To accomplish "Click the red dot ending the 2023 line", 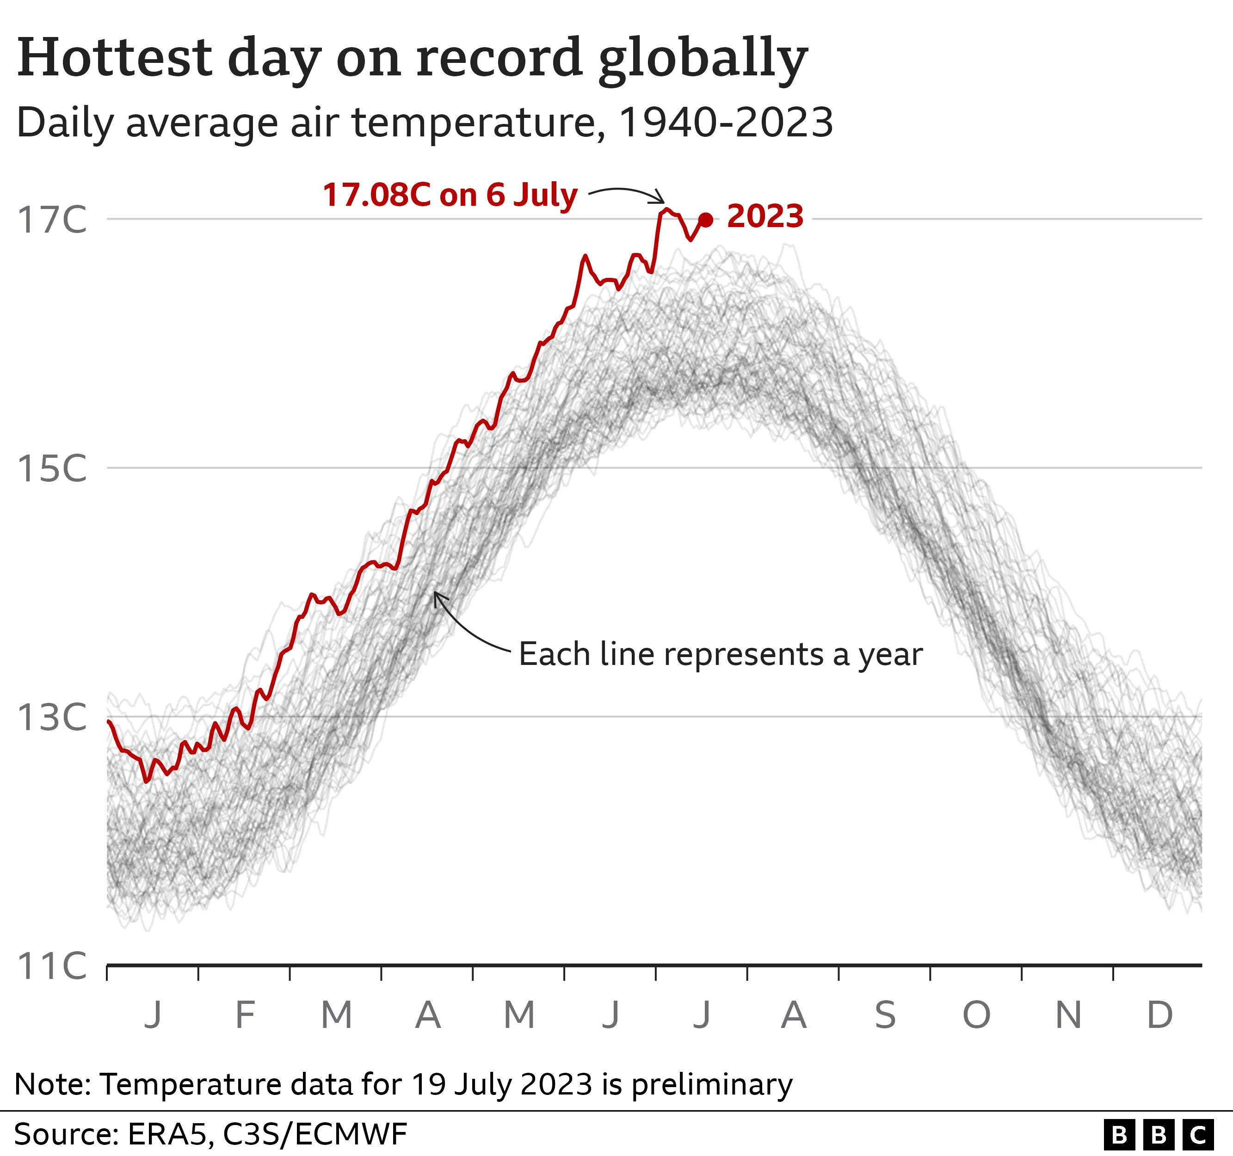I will click(705, 220).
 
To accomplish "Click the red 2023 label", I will click(765, 216).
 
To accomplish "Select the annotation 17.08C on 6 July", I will click(450, 195).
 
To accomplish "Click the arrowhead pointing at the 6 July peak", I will click(662, 200).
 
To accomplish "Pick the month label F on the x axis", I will click(245, 1015).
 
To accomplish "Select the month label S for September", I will click(885, 1015).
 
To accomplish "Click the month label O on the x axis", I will click(976, 1015).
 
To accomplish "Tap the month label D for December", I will click(1159, 1015).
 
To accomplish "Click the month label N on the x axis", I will click(1068, 1015).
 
